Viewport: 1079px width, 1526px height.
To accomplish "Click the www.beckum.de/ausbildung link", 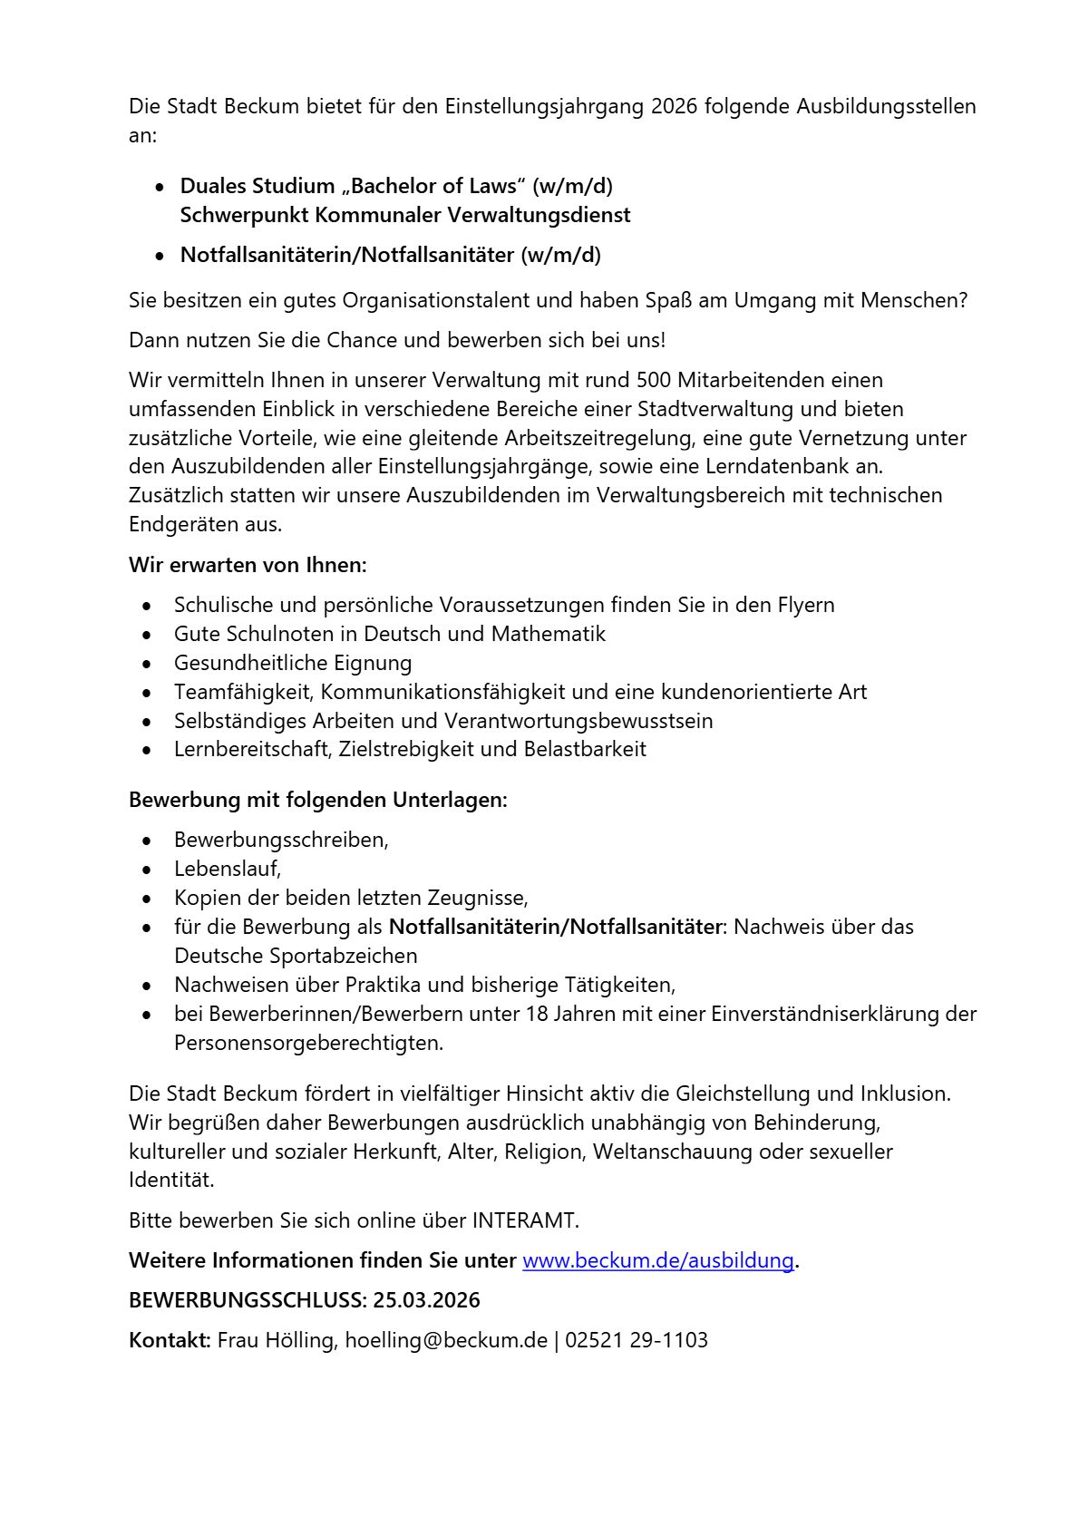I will coord(658,1260).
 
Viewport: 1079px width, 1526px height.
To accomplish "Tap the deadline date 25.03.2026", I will coord(426,1300).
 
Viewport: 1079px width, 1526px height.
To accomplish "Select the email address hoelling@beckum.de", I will coord(446,1340).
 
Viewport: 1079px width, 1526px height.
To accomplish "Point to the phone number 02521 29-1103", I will coord(637,1340).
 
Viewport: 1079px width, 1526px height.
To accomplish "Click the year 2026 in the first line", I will coord(674,106).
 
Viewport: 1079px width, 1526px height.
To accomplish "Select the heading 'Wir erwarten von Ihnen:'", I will coord(248,565).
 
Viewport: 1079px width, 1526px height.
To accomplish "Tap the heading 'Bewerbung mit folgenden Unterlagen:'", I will coord(318,800).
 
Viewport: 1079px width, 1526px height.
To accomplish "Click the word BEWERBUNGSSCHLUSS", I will coord(247,1300).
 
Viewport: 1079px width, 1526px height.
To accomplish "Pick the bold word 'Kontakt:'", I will coord(170,1340).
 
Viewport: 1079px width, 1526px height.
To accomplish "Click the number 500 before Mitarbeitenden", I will coord(654,379).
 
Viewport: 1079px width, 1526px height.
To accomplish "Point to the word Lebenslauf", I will coord(227,869).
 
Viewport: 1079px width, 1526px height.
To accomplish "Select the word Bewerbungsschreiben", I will coord(280,840).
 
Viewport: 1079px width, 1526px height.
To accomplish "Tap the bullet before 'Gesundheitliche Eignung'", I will coord(148,664).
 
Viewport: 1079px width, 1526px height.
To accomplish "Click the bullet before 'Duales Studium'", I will coord(160,188).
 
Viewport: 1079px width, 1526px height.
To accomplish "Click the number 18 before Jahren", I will coord(536,1013).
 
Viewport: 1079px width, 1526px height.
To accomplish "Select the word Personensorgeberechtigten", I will coord(307,1043).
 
